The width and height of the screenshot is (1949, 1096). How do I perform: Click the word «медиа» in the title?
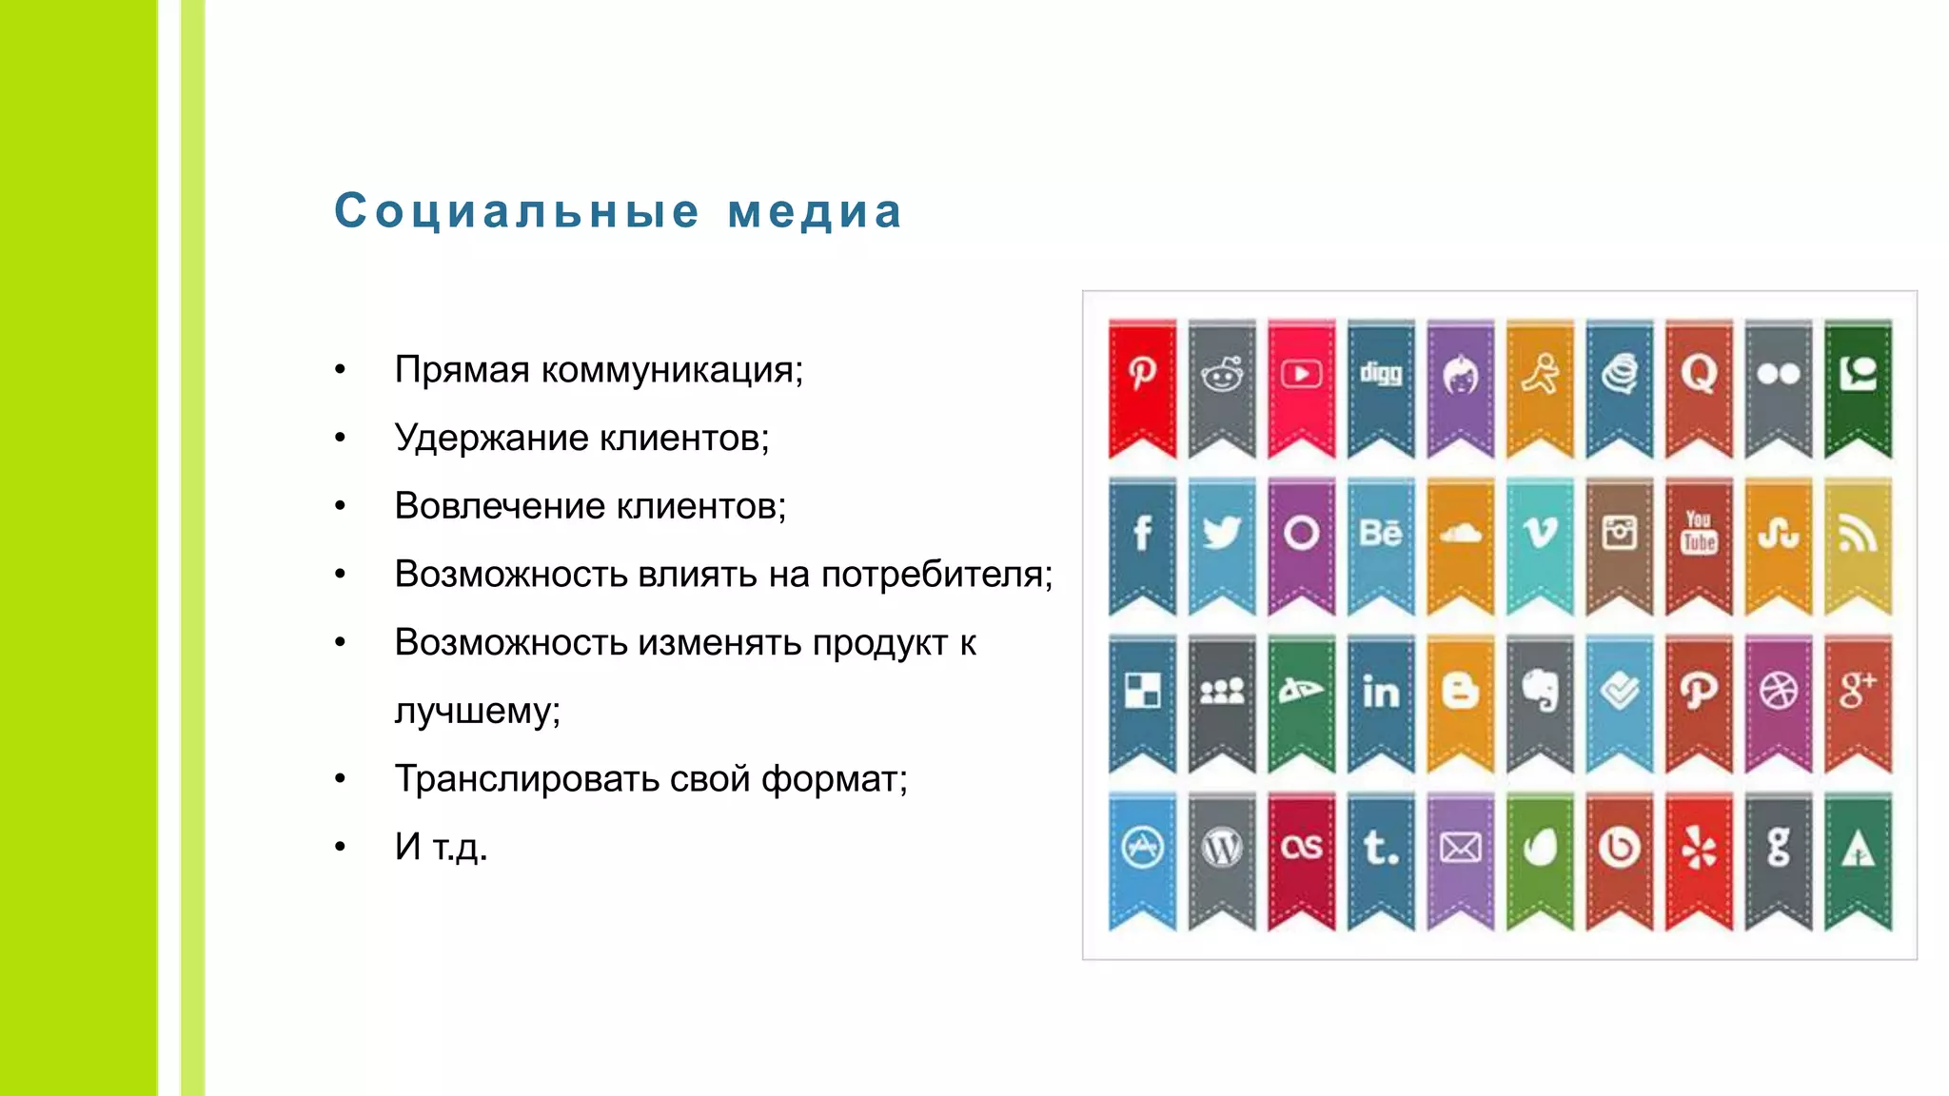pyautogui.click(x=815, y=211)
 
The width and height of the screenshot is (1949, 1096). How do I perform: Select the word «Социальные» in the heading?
pyautogui.click(x=517, y=211)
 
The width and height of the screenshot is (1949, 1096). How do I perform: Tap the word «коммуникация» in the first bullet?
pyautogui.click(x=672, y=369)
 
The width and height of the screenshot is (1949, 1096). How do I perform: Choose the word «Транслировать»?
pyautogui.click(x=526, y=779)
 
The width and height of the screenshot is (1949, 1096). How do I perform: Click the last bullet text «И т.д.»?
pyautogui.click(x=441, y=847)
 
